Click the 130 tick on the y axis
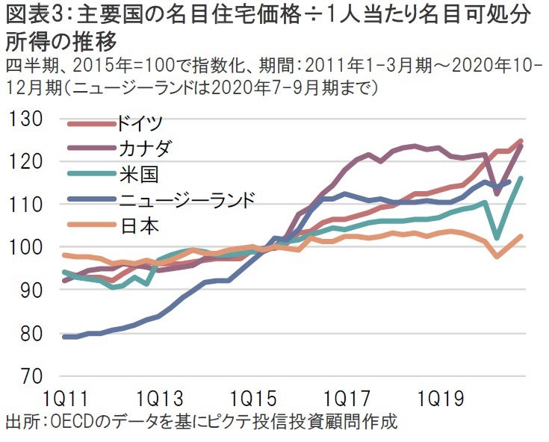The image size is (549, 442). [26, 119]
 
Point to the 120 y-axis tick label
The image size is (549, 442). [26, 161]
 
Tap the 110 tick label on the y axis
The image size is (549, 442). [26, 204]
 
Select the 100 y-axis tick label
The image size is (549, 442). [26, 246]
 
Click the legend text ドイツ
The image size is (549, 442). [140, 122]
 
